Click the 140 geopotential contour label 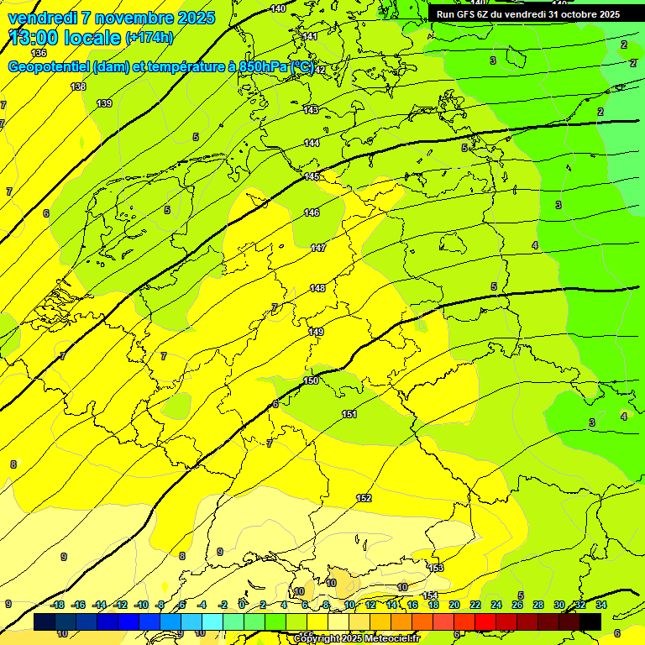point(278,8)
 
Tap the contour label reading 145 point(312,176)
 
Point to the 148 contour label point(317,288)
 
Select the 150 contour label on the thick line point(311,380)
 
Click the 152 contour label point(364,498)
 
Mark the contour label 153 point(436,569)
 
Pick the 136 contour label point(39,53)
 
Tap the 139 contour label point(104,103)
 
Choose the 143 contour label point(311,110)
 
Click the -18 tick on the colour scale point(58,605)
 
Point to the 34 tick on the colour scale point(601,605)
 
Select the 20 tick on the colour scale point(454,605)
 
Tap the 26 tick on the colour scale point(517,605)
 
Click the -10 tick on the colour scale point(141,605)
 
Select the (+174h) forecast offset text point(149,38)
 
